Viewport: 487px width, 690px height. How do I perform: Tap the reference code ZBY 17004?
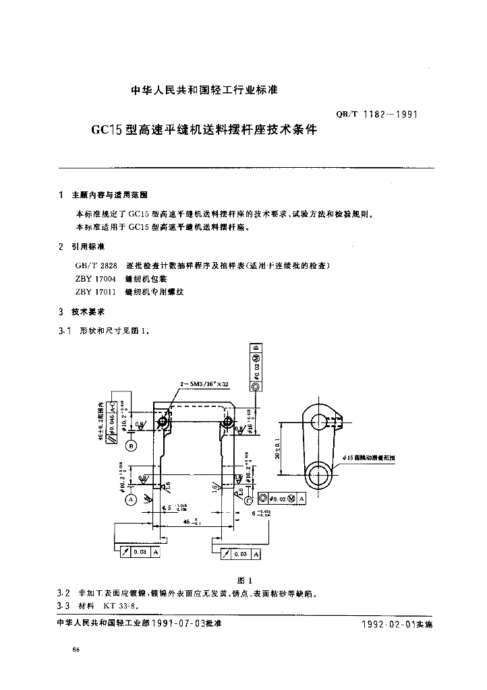96,279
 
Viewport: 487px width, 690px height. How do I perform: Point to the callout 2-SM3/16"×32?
204,383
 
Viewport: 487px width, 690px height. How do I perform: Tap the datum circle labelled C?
248,500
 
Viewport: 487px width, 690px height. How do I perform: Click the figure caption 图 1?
245,581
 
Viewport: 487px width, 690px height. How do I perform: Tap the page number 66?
76,649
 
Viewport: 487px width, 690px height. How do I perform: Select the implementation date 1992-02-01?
388,625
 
